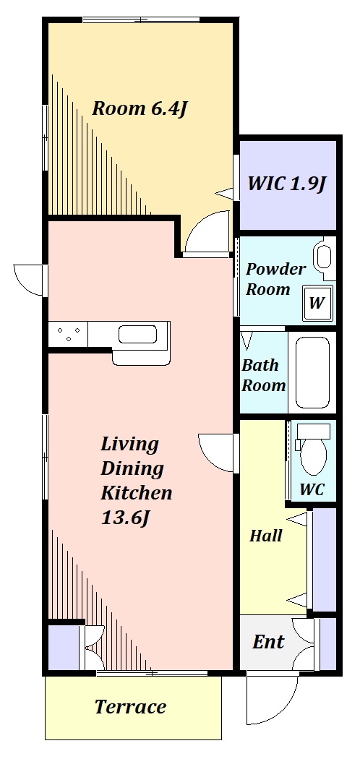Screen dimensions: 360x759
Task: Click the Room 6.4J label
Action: (x=140, y=109)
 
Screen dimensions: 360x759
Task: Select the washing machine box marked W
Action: (x=317, y=304)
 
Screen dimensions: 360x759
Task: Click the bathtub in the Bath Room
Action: (x=312, y=372)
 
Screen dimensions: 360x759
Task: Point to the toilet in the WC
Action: (x=313, y=450)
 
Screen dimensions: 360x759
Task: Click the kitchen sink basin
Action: (x=137, y=334)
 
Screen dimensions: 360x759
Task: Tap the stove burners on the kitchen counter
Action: (x=68, y=334)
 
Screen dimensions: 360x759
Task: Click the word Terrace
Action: (x=130, y=707)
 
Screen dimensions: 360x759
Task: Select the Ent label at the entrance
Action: (x=268, y=642)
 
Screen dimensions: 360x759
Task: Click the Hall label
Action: (x=265, y=536)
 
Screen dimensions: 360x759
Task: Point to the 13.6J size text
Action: (x=124, y=518)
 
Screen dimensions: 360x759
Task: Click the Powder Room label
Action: (x=276, y=279)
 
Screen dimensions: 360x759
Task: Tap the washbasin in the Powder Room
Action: (x=322, y=257)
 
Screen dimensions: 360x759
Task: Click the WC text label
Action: (x=312, y=489)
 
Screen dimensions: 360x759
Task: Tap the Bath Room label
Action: (x=264, y=375)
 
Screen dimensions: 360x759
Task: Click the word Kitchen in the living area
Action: (x=137, y=493)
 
